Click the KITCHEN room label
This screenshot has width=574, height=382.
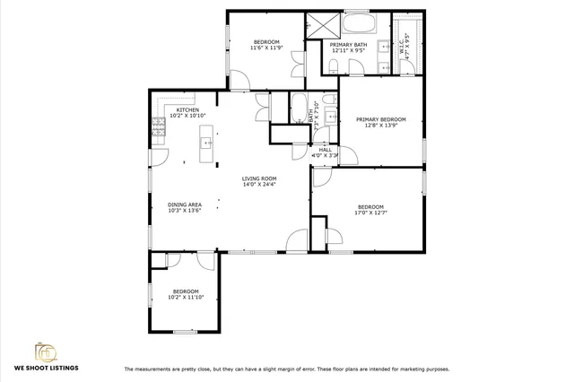187,109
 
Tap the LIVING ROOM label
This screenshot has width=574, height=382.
259,178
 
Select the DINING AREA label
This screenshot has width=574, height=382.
184,205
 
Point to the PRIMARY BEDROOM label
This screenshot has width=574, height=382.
380,119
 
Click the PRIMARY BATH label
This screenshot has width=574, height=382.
348,45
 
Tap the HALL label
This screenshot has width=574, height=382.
325,150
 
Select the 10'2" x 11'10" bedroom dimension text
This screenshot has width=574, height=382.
186,297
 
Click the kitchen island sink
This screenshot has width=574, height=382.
208,141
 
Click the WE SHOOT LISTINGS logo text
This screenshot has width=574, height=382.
46,368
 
